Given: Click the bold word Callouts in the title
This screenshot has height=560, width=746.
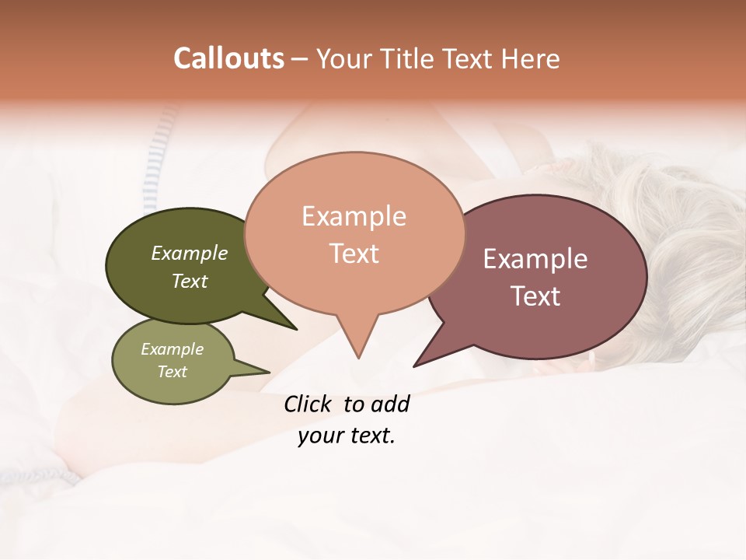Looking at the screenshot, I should tap(228, 58).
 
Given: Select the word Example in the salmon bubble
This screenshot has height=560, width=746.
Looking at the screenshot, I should tap(354, 216).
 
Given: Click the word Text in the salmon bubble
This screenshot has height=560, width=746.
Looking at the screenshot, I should tap(354, 254).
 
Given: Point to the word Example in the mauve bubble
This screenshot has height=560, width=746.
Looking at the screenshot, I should tap(535, 259).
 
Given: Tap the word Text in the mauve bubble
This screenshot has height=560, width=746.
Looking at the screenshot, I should tap(535, 296).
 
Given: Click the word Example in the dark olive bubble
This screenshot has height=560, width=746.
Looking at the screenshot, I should tap(190, 253).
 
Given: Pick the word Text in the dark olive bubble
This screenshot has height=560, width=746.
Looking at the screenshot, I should tap(190, 281).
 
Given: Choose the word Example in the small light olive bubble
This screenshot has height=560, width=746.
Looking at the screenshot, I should tap(172, 349).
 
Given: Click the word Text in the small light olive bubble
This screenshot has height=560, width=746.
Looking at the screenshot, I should tap(172, 372).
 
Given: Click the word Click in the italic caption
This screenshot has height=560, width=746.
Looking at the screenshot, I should tap(308, 404).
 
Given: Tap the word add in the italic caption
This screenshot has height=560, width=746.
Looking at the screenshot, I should tap(390, 404).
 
